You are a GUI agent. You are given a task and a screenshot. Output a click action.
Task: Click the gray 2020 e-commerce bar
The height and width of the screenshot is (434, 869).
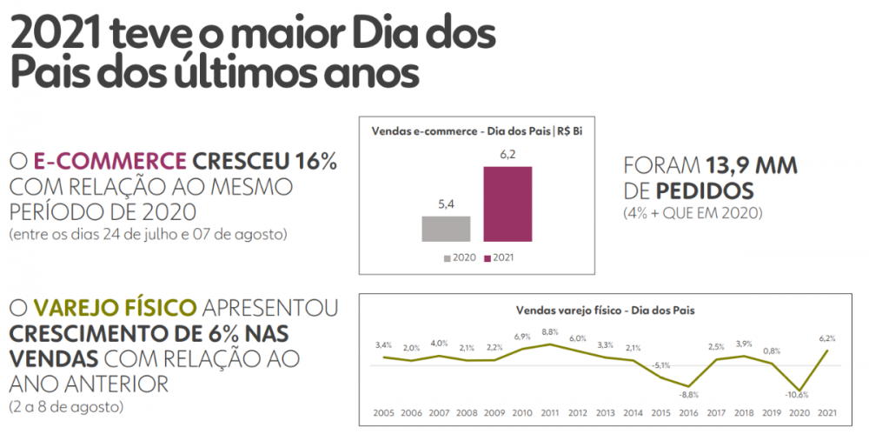click(446, 228)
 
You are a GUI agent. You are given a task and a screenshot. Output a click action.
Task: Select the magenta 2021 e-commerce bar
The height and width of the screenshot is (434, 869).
click(507, 204)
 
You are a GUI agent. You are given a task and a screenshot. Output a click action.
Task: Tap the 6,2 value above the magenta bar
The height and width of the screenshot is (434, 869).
click(507, 154)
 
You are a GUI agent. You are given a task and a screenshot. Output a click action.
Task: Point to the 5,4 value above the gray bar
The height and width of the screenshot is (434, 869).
click(446, 204)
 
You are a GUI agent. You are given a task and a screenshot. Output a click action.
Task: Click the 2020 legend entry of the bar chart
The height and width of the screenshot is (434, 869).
click(460, 258)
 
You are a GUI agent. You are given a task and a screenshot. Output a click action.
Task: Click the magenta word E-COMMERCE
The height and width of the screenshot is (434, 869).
click(109, 162)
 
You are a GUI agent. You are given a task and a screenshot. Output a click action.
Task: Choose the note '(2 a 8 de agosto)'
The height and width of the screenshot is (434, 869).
click(66, 407)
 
